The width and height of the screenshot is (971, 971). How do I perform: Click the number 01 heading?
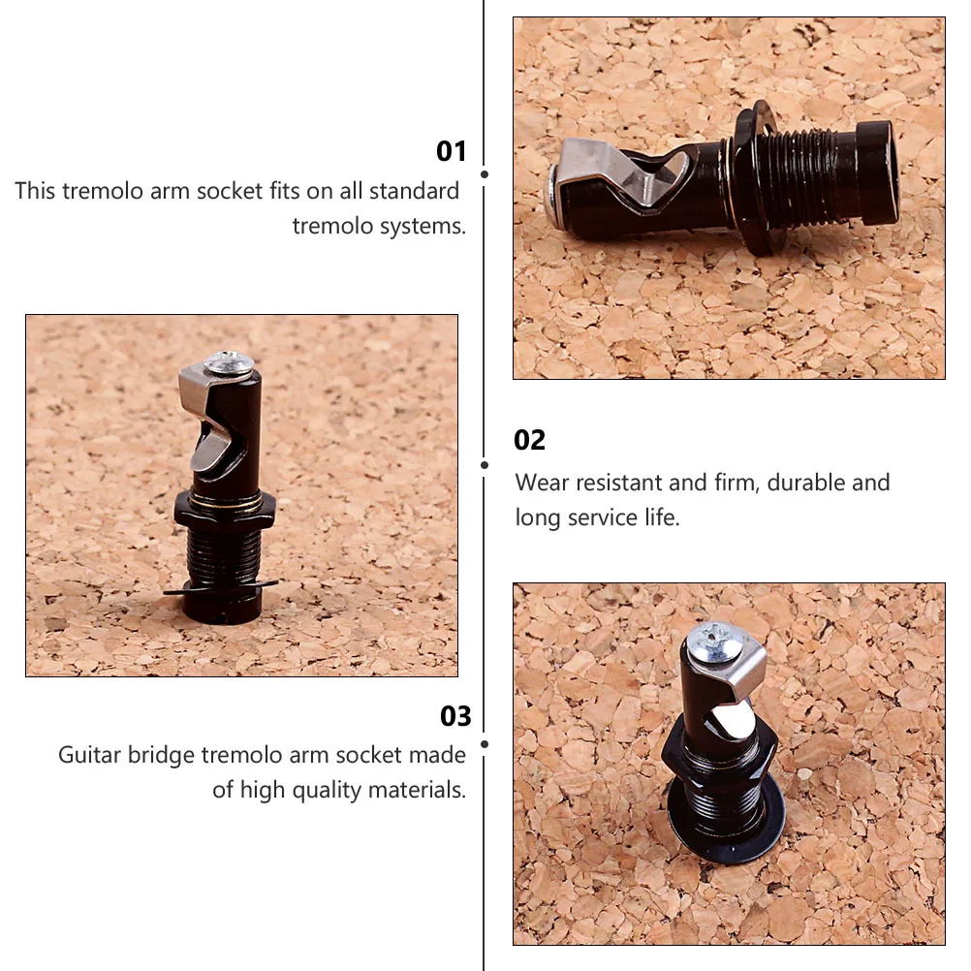pos(452,151)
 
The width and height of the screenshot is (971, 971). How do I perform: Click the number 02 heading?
pos(530,440)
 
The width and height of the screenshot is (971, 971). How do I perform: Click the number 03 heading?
pos(455,716)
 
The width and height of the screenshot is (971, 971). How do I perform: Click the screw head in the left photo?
pos(230,364)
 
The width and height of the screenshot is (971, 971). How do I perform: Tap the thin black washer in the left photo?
pos(221,587)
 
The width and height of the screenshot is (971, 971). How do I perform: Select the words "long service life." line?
pos(597,517)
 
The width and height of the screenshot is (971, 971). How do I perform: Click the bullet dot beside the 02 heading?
pos(485,464)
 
